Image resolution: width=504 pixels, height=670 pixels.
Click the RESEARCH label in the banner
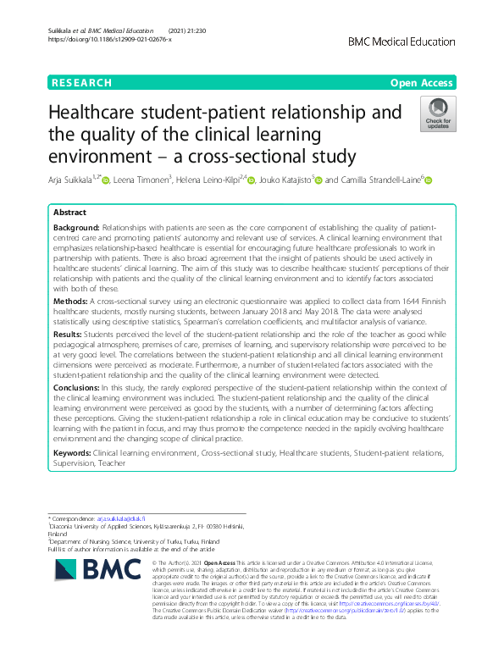(x=81, y=82)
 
